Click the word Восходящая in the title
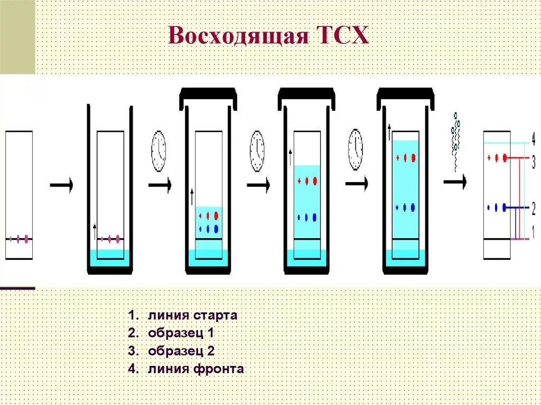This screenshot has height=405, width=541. click(238, 37)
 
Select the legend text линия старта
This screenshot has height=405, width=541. click(193, 316)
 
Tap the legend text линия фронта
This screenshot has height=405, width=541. click(196, 369)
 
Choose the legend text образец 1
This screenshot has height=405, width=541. click(181, 333)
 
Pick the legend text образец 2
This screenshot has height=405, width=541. click(181, 351)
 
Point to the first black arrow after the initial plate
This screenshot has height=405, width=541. click(61, 184)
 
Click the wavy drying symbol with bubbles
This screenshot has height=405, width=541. click(454, 140)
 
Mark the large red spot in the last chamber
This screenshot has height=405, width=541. click(414, 158)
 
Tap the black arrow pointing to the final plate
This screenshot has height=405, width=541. click(455, 182)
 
